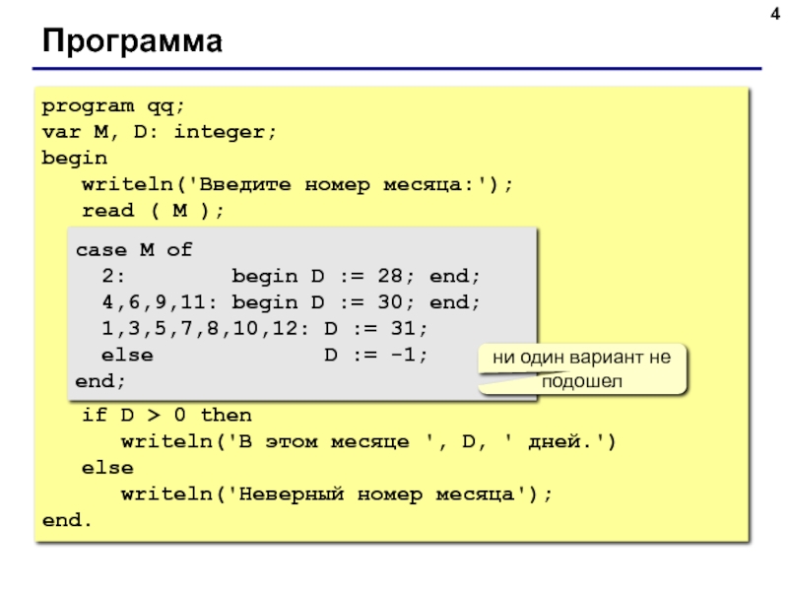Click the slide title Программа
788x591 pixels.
point(132,43)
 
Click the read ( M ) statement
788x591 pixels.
point(153,211)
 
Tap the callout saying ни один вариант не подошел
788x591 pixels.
point(581,369)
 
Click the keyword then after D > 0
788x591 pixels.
point(226,416)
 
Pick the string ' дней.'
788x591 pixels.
point(555,441)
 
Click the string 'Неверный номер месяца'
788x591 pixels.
point(384,492)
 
